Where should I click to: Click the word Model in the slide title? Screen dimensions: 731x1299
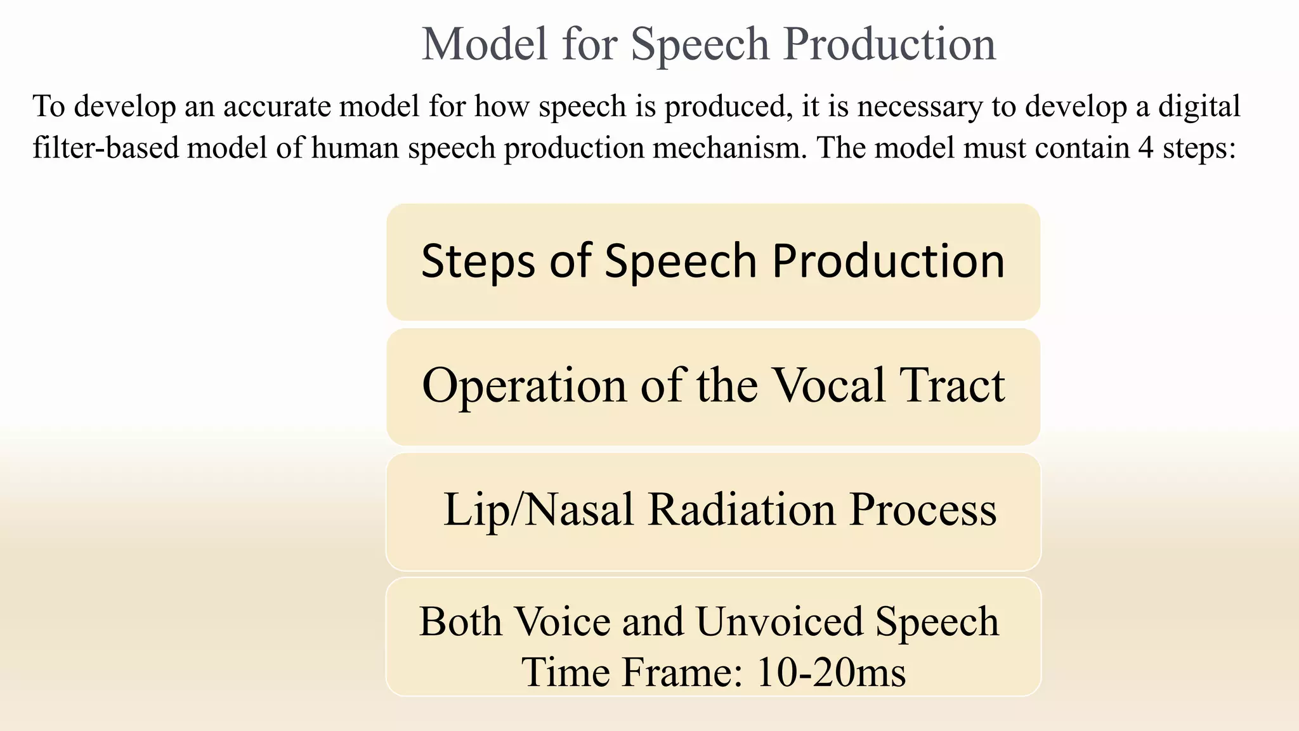click(x=484, y=44)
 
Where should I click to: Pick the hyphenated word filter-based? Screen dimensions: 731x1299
click(x=106, y=148)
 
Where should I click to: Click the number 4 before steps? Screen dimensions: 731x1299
click(x=1145, y=148)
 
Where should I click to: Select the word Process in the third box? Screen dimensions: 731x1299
click(x=923, y=510)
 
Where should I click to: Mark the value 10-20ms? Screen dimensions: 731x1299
click(x=831, y=672)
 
